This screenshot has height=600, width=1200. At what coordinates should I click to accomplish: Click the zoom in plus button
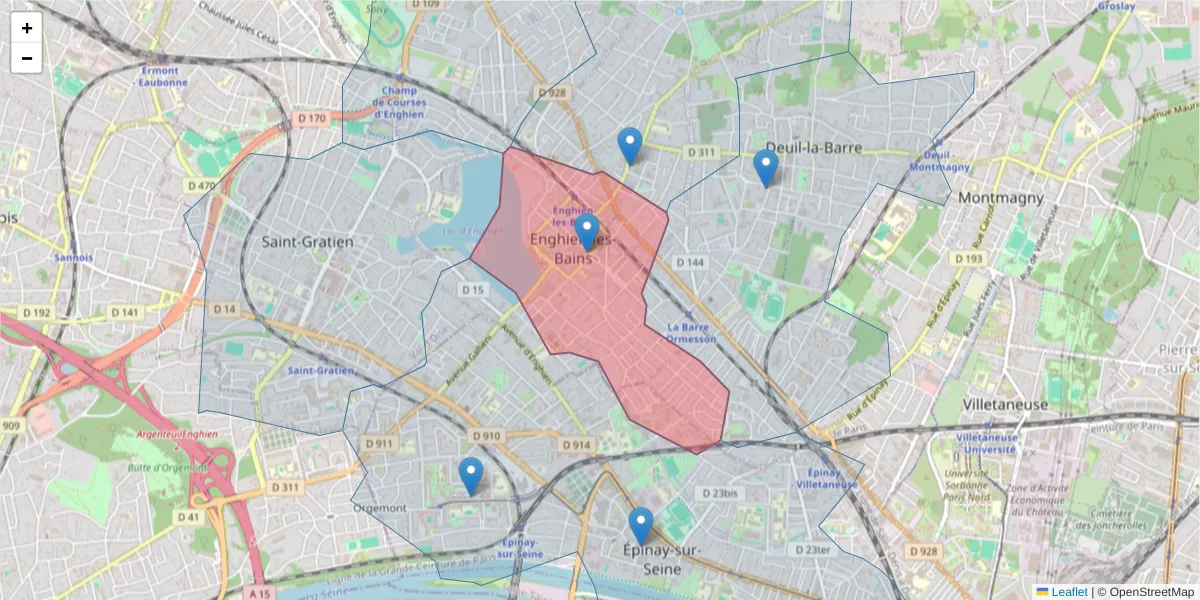(x=27, y=29)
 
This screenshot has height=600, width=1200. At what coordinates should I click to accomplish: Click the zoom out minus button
(x=27, y=58)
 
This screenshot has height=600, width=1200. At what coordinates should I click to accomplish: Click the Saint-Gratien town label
(x=307, y=241)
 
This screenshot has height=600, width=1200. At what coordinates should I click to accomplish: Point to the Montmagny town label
(x=1001, y=198)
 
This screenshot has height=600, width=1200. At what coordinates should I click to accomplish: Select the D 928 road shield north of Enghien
(x=552, y=93)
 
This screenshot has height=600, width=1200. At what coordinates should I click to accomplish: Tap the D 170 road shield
(x=312, y=119)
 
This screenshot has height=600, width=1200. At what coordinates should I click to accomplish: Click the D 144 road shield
(x=690, y=262)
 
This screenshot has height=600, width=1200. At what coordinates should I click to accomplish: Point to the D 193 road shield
(x=968, y=259)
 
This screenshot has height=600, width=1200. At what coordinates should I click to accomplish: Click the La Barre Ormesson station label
(x=691, y=332)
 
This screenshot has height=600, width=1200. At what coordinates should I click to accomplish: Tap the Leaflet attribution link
(x=1068, y=592)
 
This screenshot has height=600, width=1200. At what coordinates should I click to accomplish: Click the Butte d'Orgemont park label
(x=168, y=467)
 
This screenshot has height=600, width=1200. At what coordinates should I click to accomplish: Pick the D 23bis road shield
(x=719, y=494)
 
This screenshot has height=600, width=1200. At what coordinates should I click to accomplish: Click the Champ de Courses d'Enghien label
(x=399, y=102)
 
